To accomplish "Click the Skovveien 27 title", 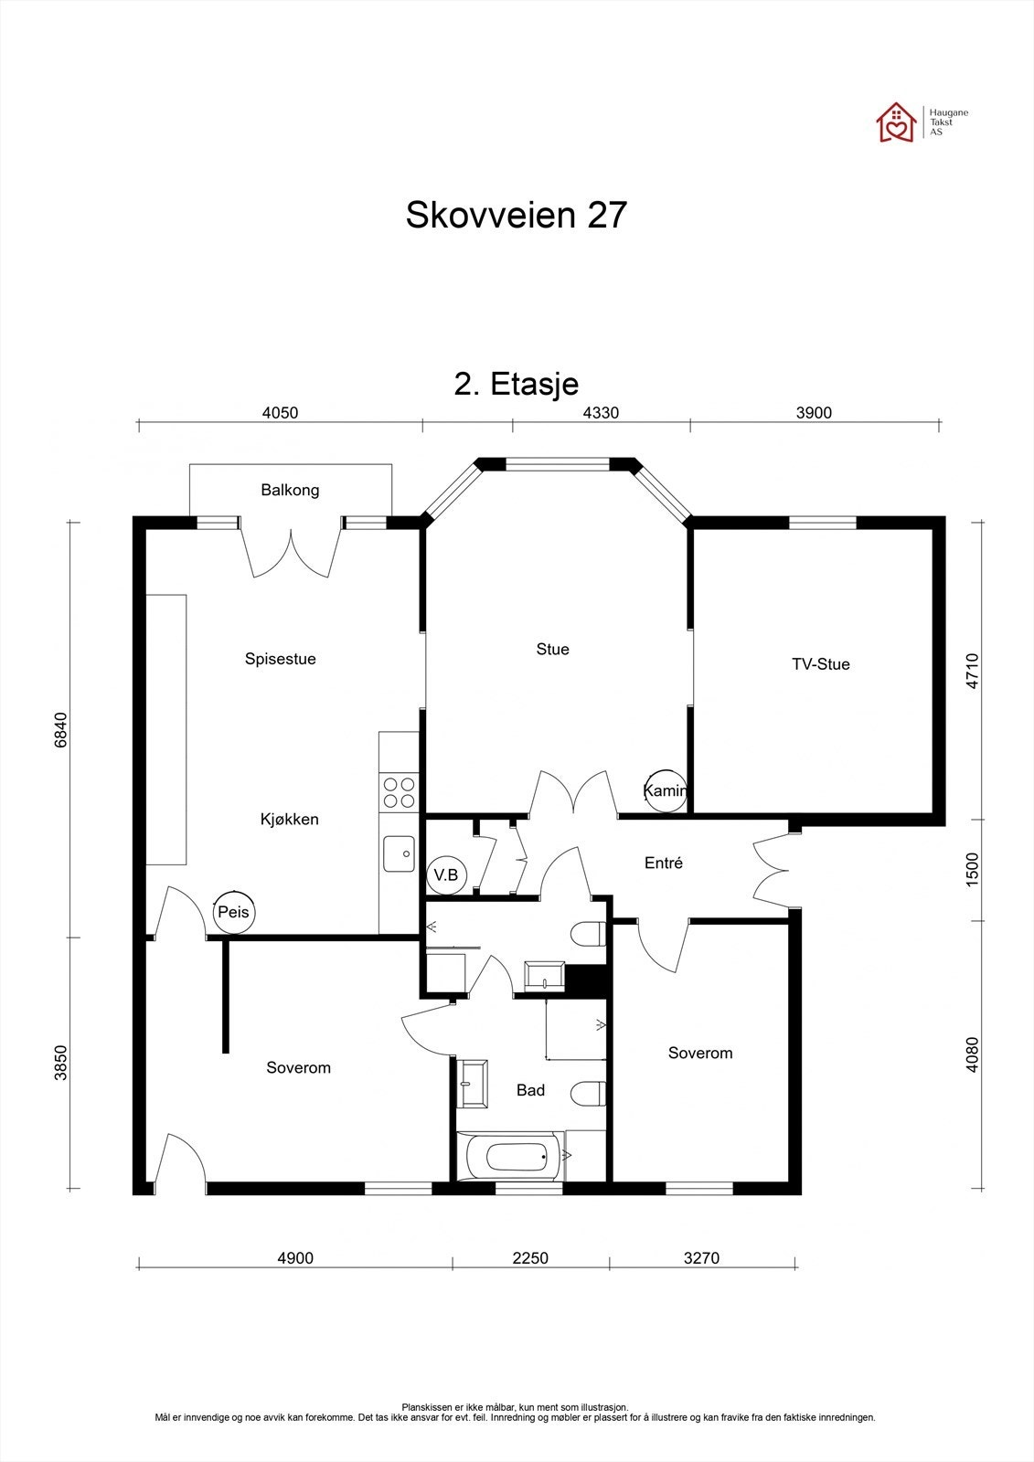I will (516, 216).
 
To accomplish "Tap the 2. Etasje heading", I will (516, 384).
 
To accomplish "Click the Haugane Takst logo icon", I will (896, 122).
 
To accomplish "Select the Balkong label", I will (290, 491).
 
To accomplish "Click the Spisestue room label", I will (280, 659).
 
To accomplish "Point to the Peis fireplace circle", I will (232, 912).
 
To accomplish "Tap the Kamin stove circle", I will (664, 790).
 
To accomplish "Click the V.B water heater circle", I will (447, 875).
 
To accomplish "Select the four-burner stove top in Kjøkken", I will (399, 792).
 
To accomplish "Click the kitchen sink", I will (400, 854).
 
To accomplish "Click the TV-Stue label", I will (820, 664).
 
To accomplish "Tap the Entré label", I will (664, 863).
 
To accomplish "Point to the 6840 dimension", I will (61, 730).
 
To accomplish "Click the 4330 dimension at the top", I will (601, 413).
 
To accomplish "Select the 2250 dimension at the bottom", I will (529, 1258).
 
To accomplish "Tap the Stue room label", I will (552, 650).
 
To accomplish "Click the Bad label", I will (530, 1090).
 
